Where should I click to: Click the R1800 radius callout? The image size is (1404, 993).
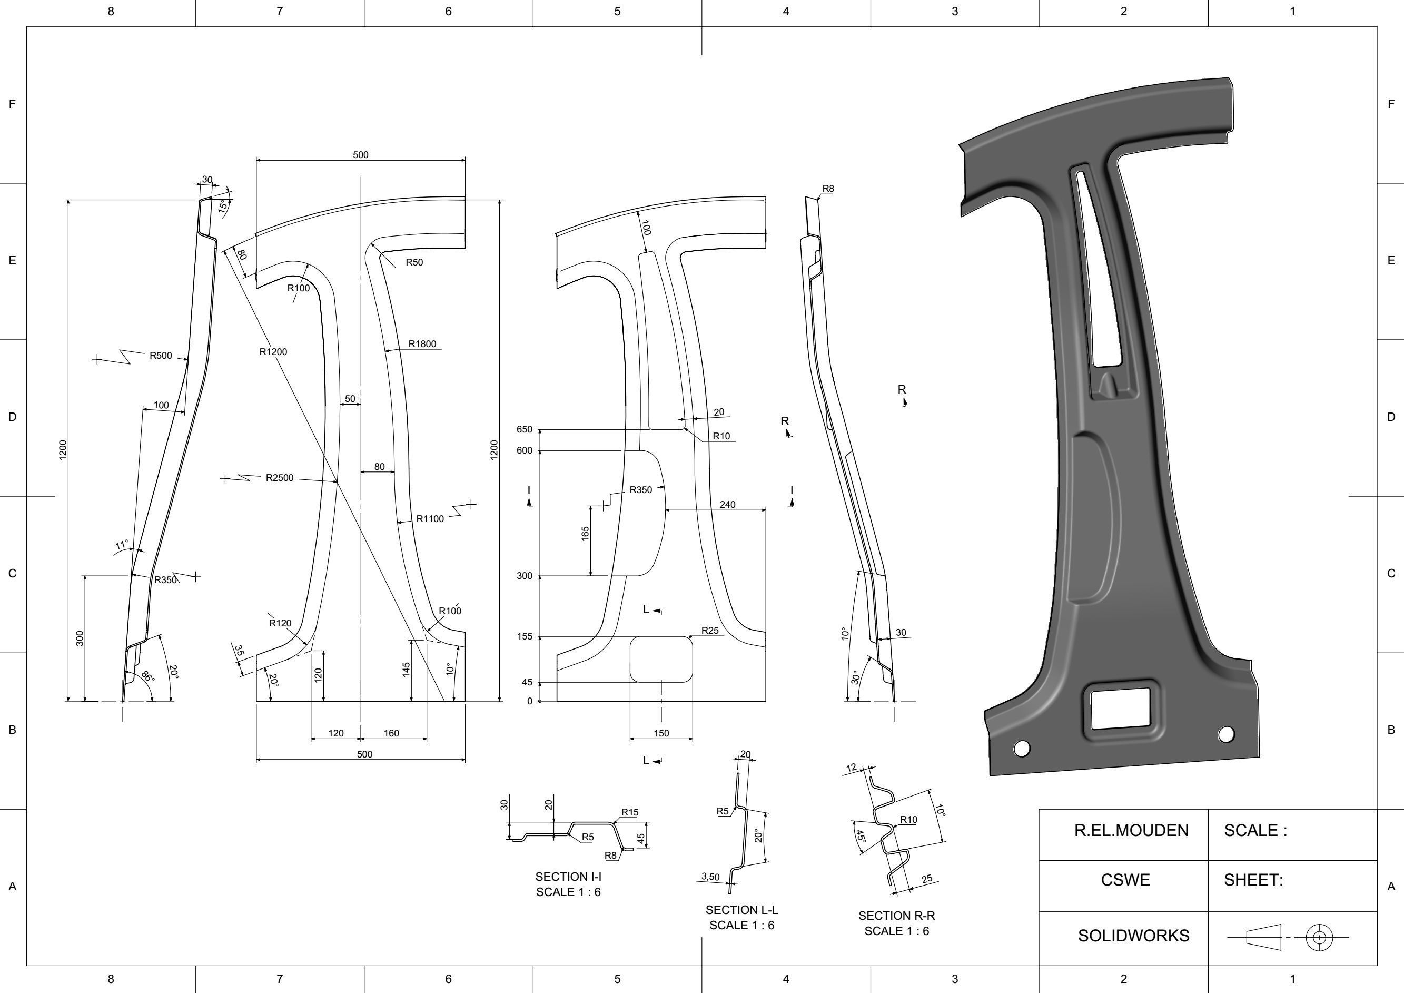(422, 344)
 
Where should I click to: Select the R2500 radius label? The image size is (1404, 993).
(280, 478)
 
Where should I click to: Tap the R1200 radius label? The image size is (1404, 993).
(273, 352)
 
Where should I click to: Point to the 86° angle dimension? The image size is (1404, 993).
(148, 677)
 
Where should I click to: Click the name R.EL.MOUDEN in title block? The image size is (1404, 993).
(1131, 831)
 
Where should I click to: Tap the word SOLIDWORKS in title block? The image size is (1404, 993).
(1133, 936)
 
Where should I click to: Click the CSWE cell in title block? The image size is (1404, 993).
(1125, 880)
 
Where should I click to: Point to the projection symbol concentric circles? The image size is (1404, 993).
(1319, 937)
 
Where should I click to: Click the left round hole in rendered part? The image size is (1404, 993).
(1021, 748)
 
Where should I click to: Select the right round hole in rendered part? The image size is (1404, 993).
(1226, 734)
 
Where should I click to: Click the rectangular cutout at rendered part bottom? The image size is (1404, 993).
(1120, 709)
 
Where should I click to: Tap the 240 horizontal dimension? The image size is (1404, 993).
(727, 505)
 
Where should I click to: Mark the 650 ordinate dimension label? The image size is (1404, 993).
(525, 429)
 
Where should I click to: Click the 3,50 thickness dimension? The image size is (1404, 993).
(710, 877)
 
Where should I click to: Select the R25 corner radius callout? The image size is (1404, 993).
(709, 630)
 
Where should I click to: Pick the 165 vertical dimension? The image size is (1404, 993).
(585, 534)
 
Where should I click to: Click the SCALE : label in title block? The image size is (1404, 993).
(1255, 831)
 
